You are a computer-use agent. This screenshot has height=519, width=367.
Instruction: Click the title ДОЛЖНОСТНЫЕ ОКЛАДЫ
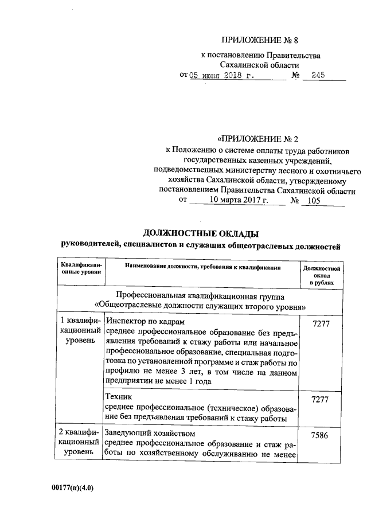click(200, 233)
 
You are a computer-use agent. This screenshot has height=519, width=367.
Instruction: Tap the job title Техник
click(119, 396)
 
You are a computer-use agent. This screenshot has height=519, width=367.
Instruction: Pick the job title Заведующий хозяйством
click(151, 433)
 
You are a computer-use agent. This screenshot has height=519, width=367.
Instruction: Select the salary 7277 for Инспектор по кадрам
click(321, 324)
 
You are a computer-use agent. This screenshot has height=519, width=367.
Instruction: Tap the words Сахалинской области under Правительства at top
click(263, 65)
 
